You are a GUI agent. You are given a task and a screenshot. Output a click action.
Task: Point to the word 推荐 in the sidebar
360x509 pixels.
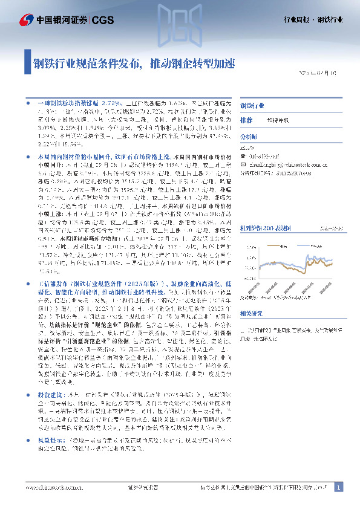246,120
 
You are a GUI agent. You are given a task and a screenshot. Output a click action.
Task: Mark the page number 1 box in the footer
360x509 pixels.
339,487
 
